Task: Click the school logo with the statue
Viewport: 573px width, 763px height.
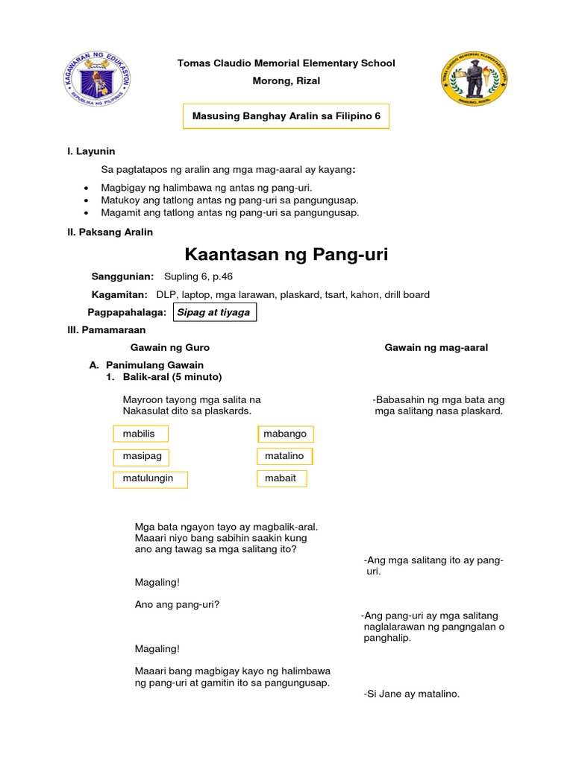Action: click(475, 80)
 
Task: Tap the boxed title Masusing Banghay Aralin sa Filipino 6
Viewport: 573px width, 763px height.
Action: click(286, 117)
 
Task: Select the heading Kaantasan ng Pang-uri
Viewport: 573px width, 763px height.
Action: click(286, 256)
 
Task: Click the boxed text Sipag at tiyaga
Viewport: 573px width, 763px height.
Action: click(214, 312)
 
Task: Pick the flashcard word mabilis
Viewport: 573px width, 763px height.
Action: click(140, 434)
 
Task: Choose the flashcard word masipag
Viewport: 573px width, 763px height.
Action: click(141, 456)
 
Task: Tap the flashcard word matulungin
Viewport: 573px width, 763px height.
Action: click(149, 478)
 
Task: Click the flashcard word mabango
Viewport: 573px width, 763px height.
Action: click(285, 434)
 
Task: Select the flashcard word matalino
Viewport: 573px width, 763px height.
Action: click(284, 455)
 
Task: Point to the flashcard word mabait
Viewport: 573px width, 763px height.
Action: click(281, 478)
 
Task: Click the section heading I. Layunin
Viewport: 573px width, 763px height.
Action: click(91, 152)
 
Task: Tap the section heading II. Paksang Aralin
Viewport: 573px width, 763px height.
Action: click(110, 232)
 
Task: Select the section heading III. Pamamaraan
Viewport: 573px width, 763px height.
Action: click(107, 329)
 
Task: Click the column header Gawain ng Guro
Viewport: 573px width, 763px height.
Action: click(170, 348)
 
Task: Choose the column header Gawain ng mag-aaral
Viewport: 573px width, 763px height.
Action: click(436, 348)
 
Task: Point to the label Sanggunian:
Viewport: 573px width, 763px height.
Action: click(122, 276)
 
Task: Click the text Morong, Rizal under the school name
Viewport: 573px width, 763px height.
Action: click(286, 81)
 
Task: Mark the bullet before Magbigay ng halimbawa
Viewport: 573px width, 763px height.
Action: click(87, 189)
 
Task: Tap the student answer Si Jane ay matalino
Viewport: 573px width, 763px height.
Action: click(412, 694)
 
